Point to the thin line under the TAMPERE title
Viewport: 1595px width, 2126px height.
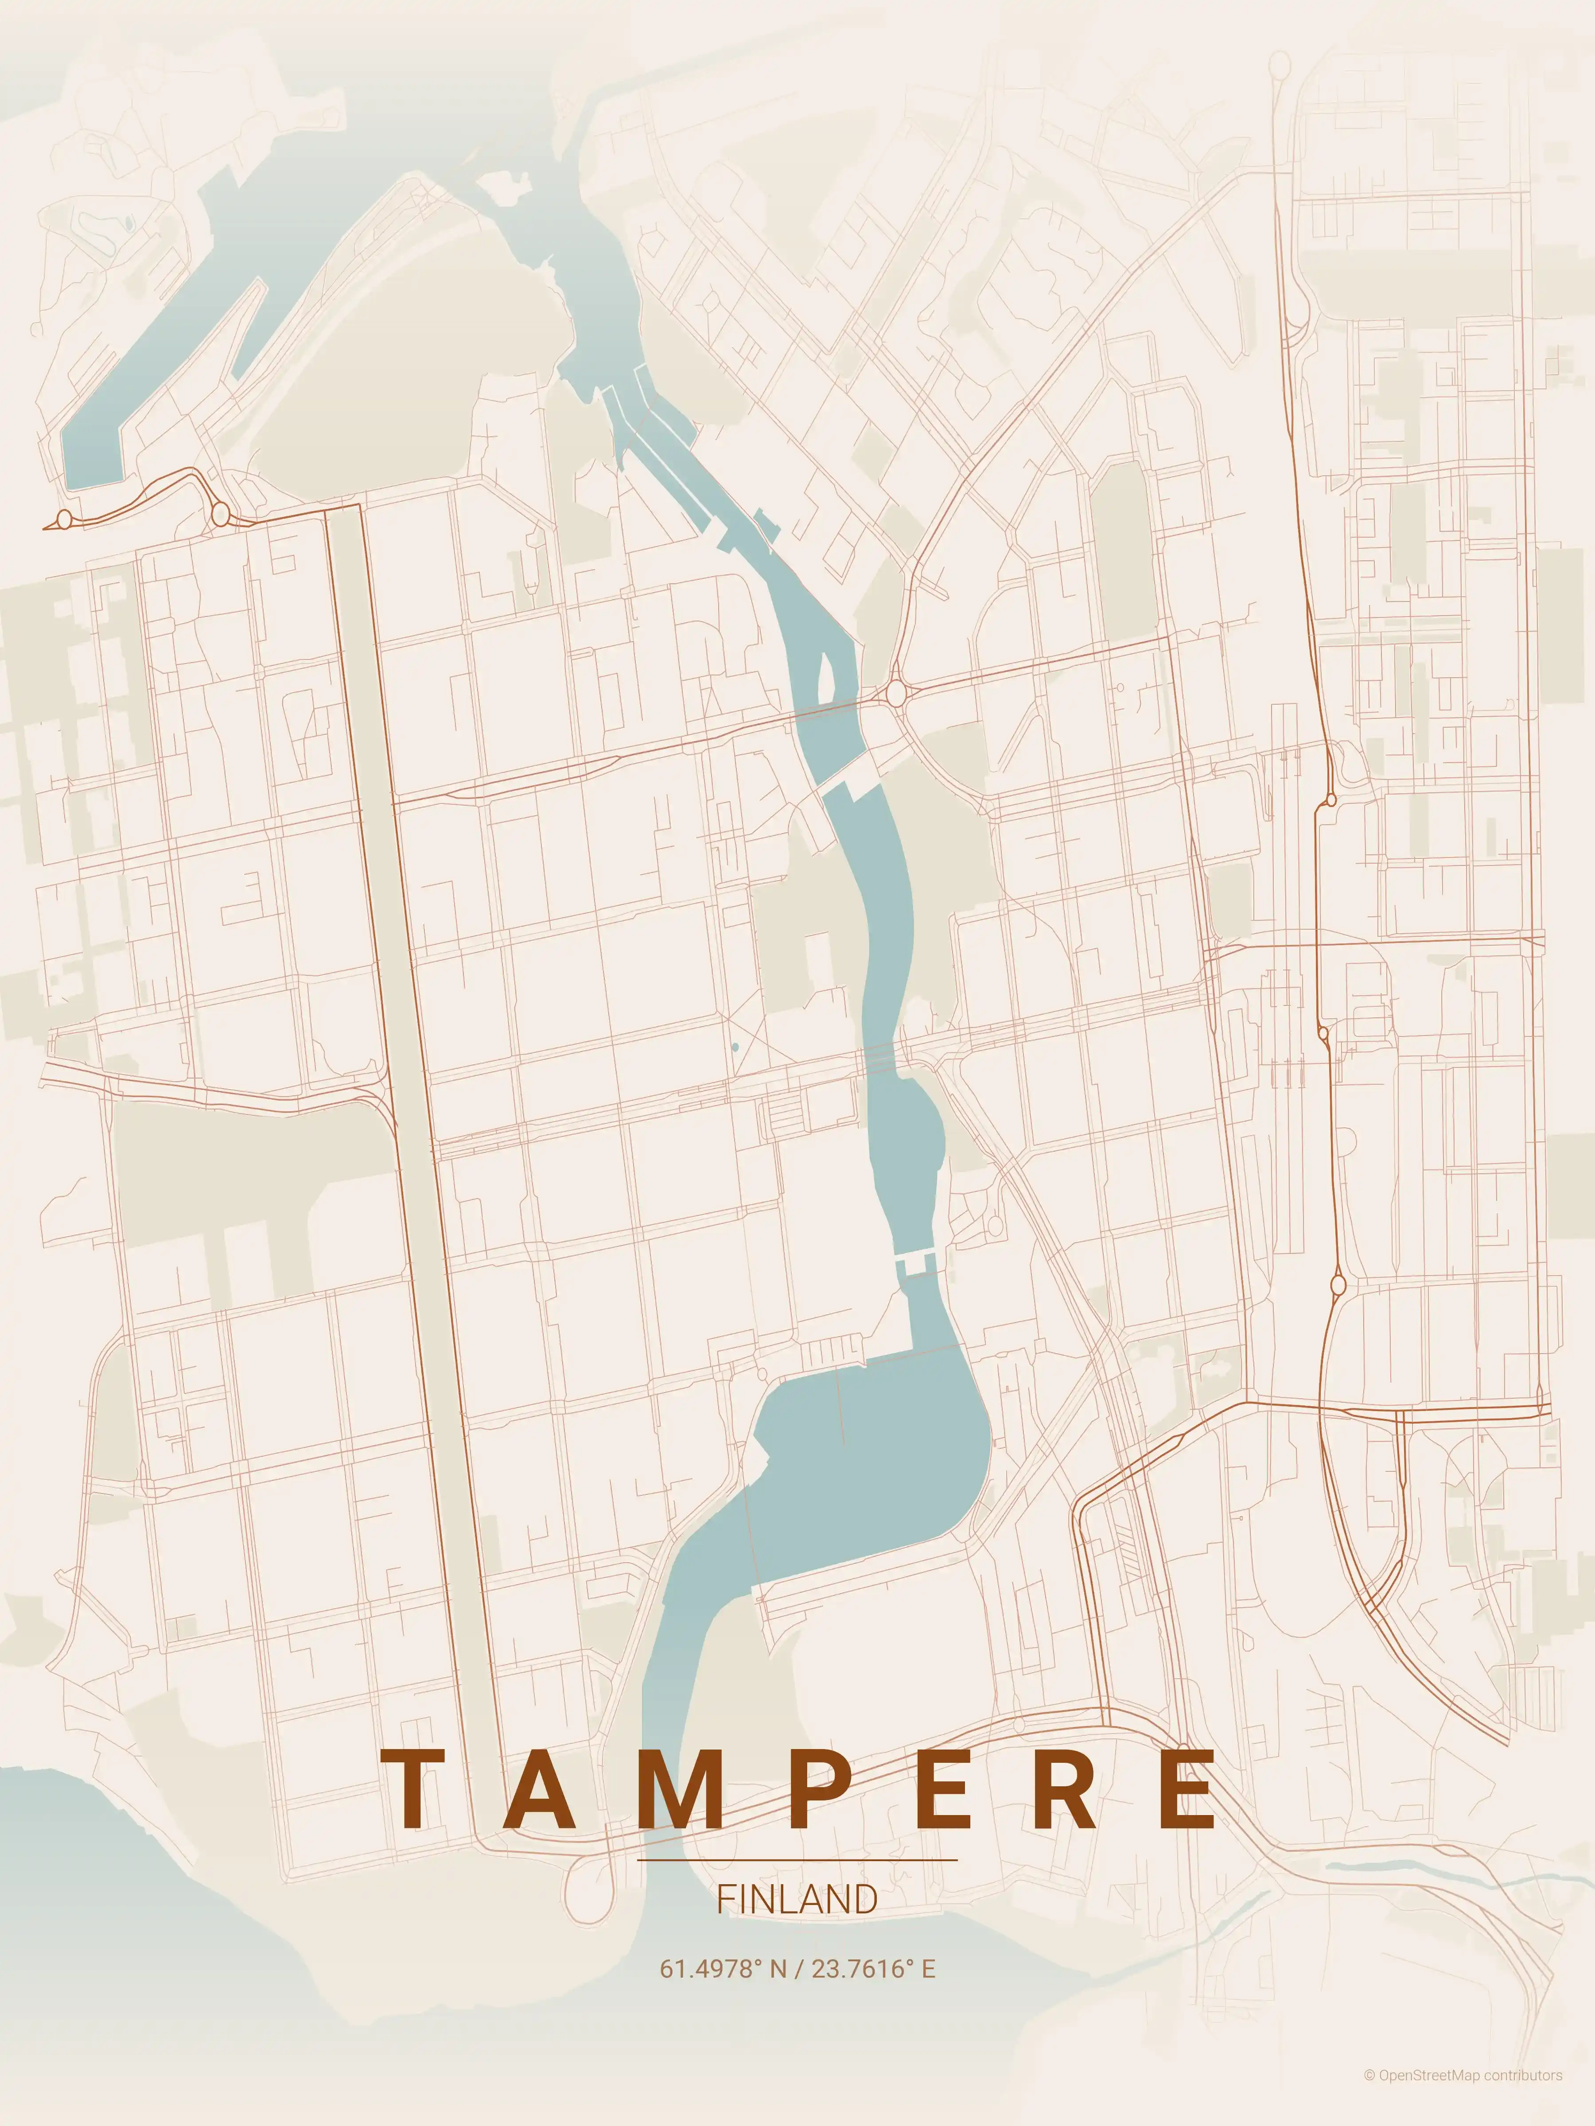pyautogui.click(x=797, y=1860)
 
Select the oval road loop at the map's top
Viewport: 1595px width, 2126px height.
pyautogui.click(x=1280, y=66)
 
